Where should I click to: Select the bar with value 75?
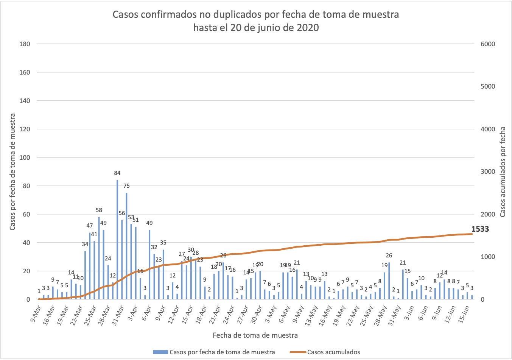pos(126,246)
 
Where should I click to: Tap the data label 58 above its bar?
pos(99,210)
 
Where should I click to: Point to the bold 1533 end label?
pos(480,229)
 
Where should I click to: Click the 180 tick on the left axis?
pos(25,44)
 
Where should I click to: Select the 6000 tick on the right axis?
pos(487,44)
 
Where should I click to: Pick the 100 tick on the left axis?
pos(25,157)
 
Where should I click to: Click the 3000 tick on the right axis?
pos(487,171)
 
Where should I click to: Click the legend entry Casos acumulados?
pos(333,352)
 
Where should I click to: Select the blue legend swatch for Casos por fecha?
pos(160,352)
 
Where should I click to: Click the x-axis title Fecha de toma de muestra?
pos(255,335)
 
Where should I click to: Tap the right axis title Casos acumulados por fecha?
pos(503,171)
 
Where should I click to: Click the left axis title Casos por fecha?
pos(12,171)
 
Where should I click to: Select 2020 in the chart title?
pos(307,28)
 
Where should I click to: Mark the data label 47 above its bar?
pos(90,226)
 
